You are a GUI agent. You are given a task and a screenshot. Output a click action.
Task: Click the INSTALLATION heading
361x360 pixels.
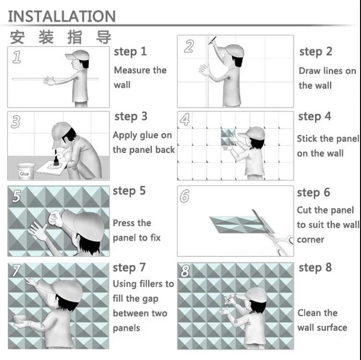tap(62, 16)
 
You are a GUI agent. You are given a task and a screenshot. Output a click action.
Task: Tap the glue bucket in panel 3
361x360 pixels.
tap(26, 171)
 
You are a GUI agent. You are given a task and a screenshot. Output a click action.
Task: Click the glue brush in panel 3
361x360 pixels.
tap(56, 158)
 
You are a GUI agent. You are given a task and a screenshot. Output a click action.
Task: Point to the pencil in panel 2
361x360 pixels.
tap(212, 40)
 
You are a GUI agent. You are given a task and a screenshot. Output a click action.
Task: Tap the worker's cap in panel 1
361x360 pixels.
tap(77, 55)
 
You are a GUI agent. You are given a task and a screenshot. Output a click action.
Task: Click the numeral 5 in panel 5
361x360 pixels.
tap(17, 196)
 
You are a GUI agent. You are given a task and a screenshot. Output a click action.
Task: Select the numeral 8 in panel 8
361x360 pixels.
tap(185, 271)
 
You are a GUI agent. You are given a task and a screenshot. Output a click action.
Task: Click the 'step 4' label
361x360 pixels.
tap(314, 117)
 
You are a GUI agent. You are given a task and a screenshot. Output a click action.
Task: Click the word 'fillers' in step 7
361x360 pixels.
tap(150, 284)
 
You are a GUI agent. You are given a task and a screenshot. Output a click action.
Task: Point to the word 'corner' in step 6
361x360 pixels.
tap(310, 240)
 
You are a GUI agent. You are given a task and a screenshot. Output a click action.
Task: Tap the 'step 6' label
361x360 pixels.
tap(313, 192)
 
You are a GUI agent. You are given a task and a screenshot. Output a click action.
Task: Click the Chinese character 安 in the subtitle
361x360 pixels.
tap(17, 37)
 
